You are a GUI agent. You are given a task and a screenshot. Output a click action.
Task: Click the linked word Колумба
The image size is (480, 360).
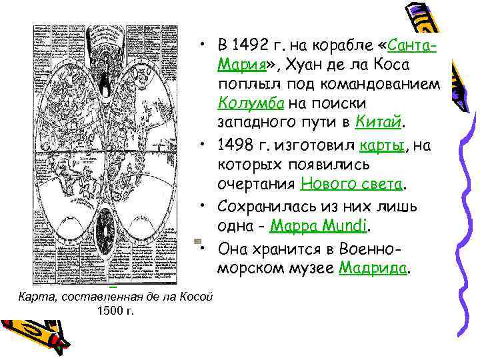pos(249,104)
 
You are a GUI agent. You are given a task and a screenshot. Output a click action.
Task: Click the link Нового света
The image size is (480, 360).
pos(351,183)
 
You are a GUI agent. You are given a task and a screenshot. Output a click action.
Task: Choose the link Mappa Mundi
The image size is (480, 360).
pos(319,226)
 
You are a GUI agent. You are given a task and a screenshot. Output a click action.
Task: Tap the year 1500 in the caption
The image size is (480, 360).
pos(107,310)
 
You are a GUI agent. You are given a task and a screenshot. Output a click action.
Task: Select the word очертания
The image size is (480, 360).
pos(256,183)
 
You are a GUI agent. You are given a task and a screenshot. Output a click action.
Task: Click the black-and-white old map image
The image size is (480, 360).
pos(105,153)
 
